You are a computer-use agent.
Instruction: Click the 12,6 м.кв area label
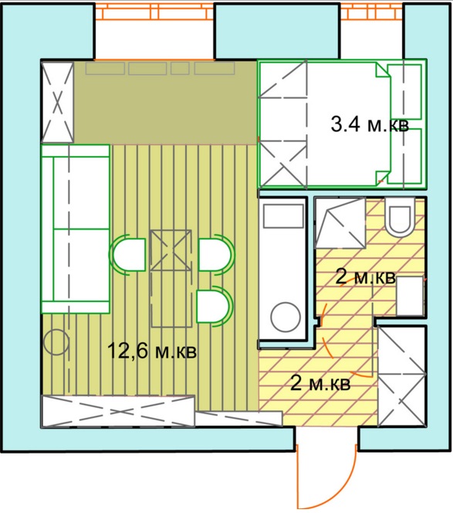coord(152,351)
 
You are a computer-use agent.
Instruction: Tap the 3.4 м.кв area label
coord(370,124)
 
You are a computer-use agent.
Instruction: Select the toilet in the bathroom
coord(400,219)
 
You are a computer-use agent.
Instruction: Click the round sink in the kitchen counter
coord(286,317)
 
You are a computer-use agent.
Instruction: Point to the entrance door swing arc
coord(347,491)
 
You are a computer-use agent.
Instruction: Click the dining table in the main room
coord(171,278)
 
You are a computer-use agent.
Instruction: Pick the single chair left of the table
coord(128,255)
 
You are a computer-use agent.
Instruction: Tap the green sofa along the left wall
coord(76,229)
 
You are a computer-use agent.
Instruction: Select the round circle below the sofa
coord(56,342)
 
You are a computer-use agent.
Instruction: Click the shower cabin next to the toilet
coord(340,223)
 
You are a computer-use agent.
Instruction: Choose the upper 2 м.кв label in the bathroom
coord(365,278)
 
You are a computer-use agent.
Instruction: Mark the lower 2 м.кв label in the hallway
coord(320,383)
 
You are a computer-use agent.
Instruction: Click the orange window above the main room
coord(154,11)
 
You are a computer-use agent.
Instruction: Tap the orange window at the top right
coord(372,11)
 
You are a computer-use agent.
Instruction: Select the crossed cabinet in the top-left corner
coord(58,102)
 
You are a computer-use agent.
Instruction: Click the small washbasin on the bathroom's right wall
coord(411,295)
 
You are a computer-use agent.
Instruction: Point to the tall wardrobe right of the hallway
coord(402,376)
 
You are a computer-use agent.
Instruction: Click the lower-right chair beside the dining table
coord(215,306)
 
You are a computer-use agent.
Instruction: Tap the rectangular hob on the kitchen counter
coord(283,216)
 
